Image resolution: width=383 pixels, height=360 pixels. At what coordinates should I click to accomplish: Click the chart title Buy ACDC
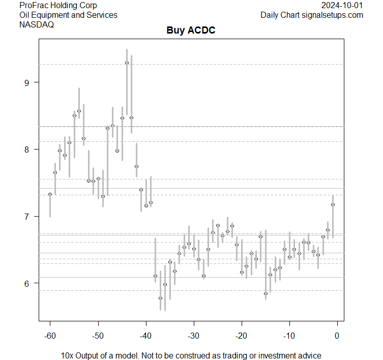pos(191,31)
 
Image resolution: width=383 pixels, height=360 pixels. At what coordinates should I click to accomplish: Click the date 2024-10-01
pos(342,6)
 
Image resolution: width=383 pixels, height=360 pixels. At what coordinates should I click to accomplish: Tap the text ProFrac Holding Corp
pos(57,6)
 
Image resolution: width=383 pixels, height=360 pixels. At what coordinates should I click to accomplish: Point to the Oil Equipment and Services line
pos(68,15)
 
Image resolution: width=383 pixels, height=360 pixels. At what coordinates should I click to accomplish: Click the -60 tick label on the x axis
pos(50,336)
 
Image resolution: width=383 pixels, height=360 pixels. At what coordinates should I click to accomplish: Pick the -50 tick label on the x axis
pos(98,336)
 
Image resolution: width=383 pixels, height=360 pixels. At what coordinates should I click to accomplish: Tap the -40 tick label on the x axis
pos(145,336)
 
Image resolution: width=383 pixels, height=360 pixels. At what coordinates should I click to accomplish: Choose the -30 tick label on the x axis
pos(193,336)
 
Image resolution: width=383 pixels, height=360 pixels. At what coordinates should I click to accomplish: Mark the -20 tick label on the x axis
pos(241,336)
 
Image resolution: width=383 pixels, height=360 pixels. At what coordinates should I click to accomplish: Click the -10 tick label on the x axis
pos(289,336)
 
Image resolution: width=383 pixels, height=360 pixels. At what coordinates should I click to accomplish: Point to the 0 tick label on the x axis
pos(337,336)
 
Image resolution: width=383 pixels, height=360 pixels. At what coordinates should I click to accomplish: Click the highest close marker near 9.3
pos(127,63)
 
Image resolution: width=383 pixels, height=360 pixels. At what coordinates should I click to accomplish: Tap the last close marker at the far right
pos(333,205)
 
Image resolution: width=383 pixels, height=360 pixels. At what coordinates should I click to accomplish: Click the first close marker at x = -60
pos(50,194)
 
